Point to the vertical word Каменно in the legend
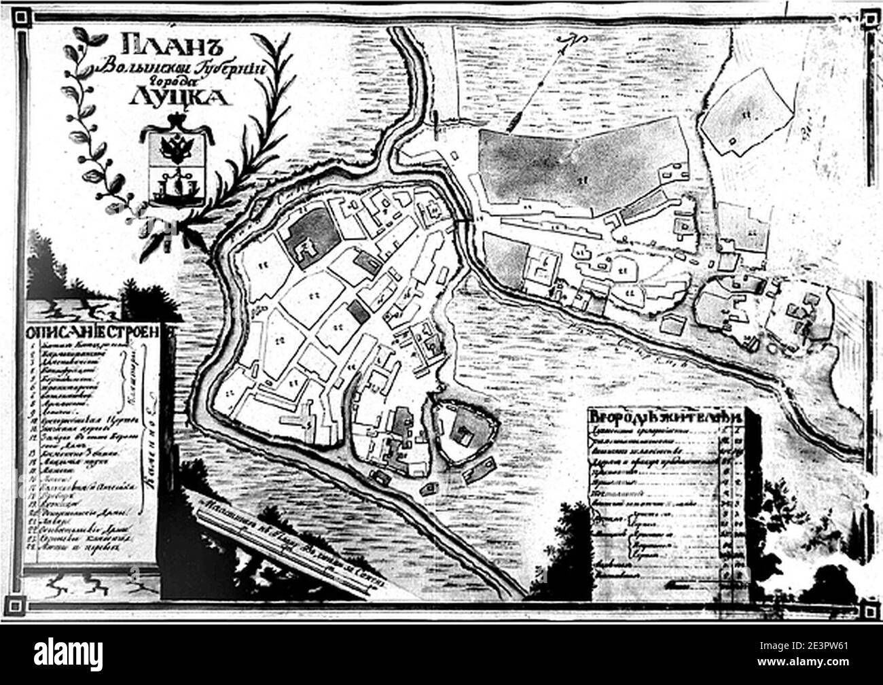pos(145,462)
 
